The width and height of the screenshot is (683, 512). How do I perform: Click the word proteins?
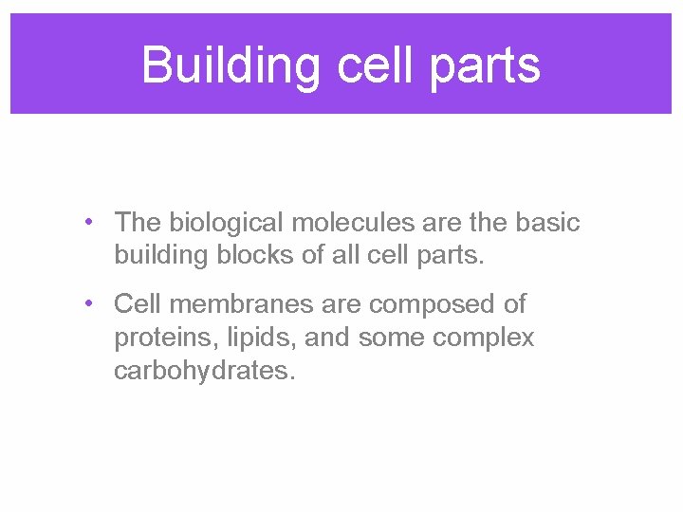pos(150,338)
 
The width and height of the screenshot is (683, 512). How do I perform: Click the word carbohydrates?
pos(204,370)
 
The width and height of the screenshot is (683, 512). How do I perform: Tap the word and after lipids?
pos(304,338)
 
